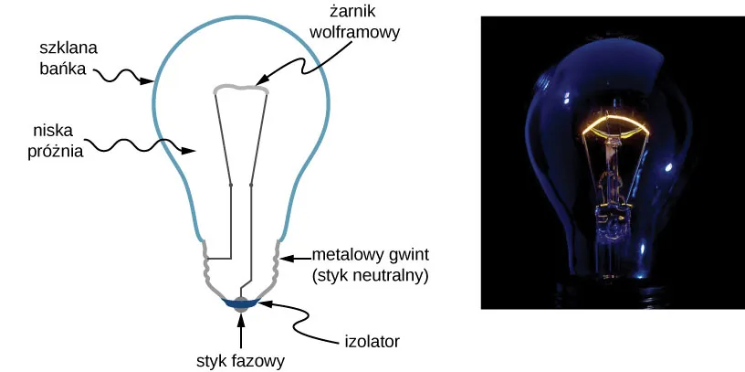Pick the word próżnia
57,151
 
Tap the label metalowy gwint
370,254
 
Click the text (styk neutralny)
370,274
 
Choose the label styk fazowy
241,360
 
